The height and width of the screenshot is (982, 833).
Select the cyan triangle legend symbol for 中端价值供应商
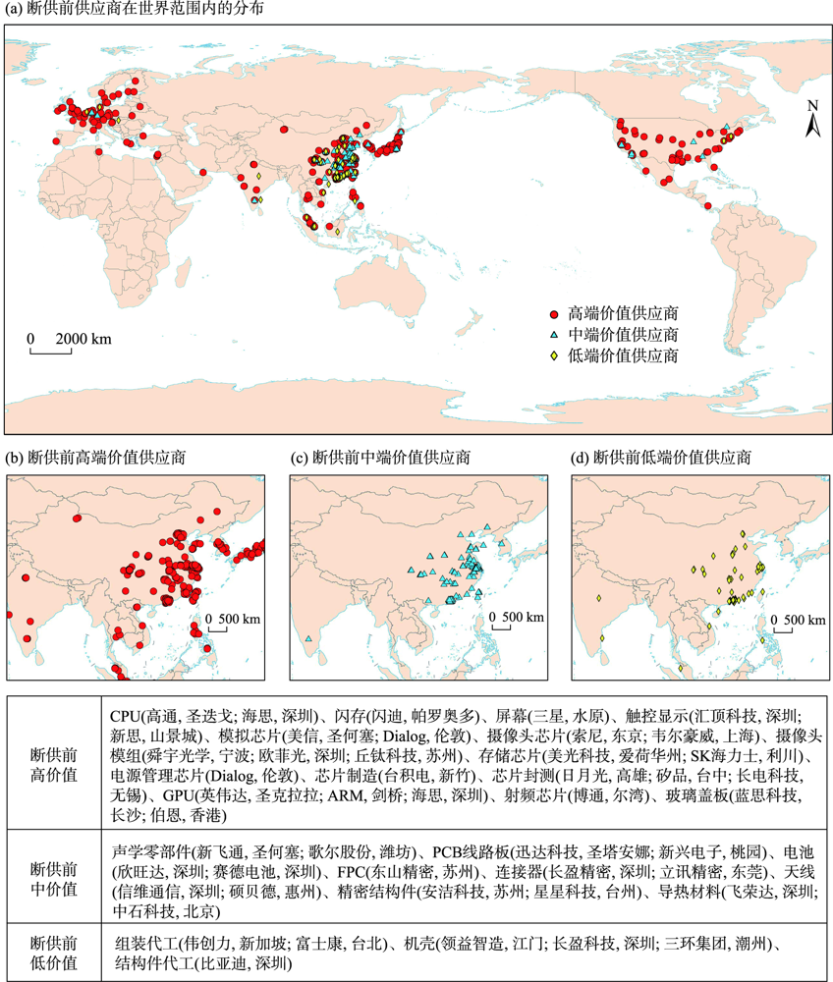point(554,335)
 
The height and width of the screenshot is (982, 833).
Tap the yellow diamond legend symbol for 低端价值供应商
point(554,355)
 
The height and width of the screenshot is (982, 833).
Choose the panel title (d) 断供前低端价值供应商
point(662,457)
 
